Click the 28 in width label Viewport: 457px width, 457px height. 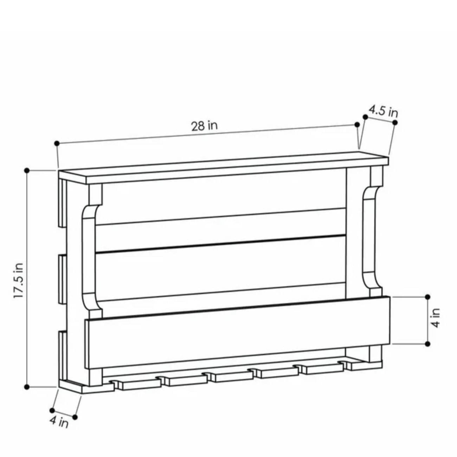[x=204, y=125]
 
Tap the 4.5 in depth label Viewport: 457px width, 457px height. [x=383, y=111]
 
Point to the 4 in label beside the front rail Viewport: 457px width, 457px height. [x=436, y=318]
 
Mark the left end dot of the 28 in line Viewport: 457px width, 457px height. [x=57, y=143]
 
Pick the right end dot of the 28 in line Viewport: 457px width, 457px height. [x=357, y=124]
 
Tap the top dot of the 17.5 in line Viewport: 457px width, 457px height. [x=27, y=170]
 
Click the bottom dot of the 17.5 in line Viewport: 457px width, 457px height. [x=27, y=387]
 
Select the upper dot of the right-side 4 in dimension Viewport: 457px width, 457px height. [x=427, y=297]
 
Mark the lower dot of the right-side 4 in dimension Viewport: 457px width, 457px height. [x=427, y=343]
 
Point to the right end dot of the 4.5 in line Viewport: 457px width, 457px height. [x=395, y=122]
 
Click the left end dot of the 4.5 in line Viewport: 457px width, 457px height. [x=365, y=117]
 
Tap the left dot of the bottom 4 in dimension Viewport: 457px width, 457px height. [x=52, y=410]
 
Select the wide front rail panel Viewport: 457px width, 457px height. [x=237, y=332]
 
